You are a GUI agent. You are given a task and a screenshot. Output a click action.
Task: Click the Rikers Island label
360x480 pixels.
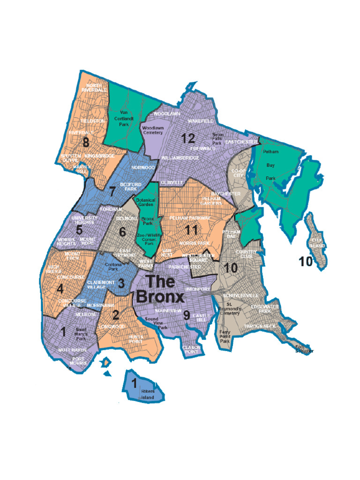point(148,394)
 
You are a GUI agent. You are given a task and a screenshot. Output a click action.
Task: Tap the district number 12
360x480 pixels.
point(188,138)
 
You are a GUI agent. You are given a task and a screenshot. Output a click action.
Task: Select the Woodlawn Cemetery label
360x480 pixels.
point(152,130)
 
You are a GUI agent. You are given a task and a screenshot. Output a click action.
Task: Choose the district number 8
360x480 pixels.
point(85,142)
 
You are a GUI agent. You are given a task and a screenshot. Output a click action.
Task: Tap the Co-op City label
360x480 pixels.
point(239,173)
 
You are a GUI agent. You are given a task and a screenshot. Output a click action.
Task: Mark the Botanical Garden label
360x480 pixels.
point(145,203)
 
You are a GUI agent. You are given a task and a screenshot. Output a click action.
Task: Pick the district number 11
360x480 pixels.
point(191,230)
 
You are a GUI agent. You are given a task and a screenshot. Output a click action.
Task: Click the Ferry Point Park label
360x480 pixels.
point(225,337)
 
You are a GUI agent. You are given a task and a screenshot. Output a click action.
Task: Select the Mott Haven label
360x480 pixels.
point(72,350)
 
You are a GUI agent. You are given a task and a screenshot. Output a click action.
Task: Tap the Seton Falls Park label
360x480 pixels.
point(217,139)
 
